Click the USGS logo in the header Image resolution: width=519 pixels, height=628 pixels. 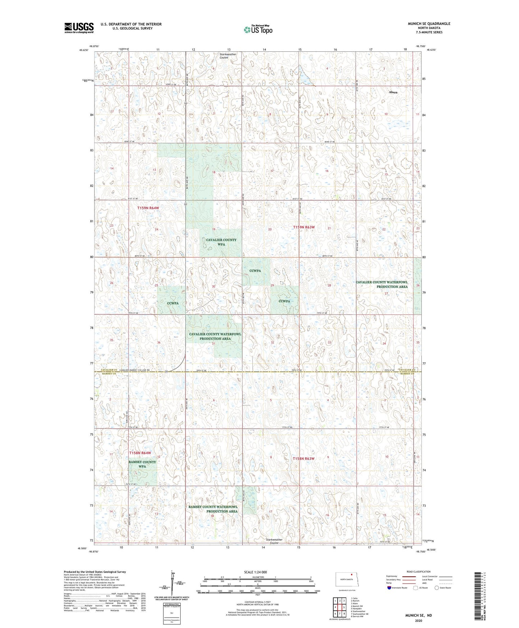[79, 28]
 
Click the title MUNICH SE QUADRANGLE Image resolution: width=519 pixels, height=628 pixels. [428, 24]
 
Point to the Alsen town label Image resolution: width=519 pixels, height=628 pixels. [393, 92]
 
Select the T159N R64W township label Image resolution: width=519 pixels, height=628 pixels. [148, 208]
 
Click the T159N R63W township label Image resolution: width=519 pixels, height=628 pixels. [303, 227]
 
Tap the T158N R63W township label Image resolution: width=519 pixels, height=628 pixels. [303, 459]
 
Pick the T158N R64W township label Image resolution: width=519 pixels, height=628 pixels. [140, 453]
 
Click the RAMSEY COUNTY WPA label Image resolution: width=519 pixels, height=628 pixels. [142, 464]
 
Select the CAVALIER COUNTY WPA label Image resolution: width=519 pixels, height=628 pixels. [221, 242]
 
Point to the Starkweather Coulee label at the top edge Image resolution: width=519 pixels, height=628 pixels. [228, 56]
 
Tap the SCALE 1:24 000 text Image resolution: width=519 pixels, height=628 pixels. [255, 572]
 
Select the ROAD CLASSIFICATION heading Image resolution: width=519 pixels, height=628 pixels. [418, 572]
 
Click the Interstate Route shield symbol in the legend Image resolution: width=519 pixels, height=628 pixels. [389, 588]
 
